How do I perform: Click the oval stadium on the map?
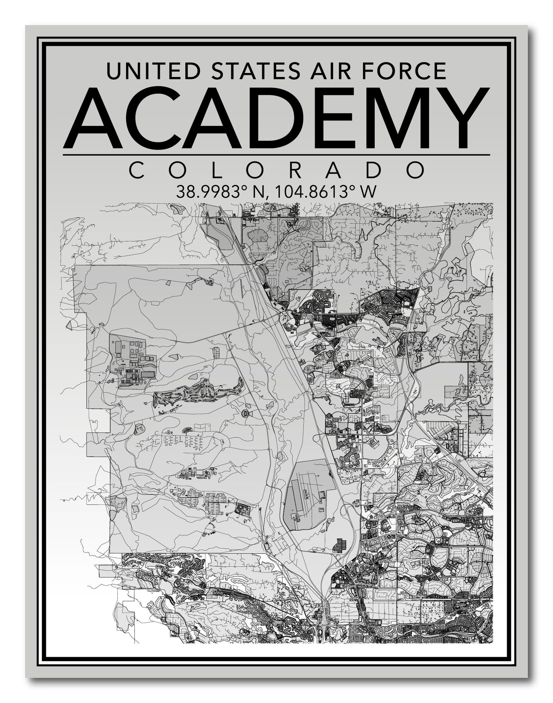(x=245, y=414)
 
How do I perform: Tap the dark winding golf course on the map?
(x=198, y=391)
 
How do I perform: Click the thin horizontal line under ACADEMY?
(x=276, y=155)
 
